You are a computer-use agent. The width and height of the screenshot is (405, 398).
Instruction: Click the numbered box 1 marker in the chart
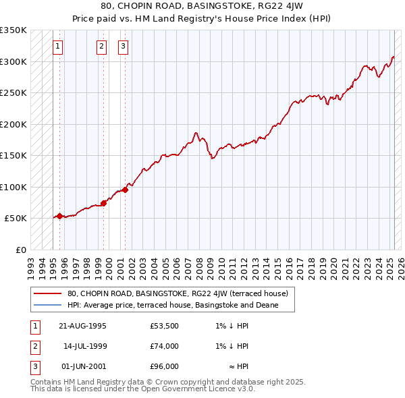(x=58, y=47)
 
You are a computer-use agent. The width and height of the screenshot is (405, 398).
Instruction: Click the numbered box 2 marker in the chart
(x=101, y=47)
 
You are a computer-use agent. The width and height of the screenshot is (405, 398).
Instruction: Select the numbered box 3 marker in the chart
(x=124, y=47)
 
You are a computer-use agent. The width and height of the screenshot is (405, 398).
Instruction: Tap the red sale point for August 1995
(x=59, y=216)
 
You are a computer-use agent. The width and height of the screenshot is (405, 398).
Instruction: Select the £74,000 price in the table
(x=164, y=346)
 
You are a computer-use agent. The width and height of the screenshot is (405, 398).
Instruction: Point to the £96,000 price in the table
(x=164, y=366)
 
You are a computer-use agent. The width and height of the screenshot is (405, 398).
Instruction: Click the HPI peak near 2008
(x=195, y=133)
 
